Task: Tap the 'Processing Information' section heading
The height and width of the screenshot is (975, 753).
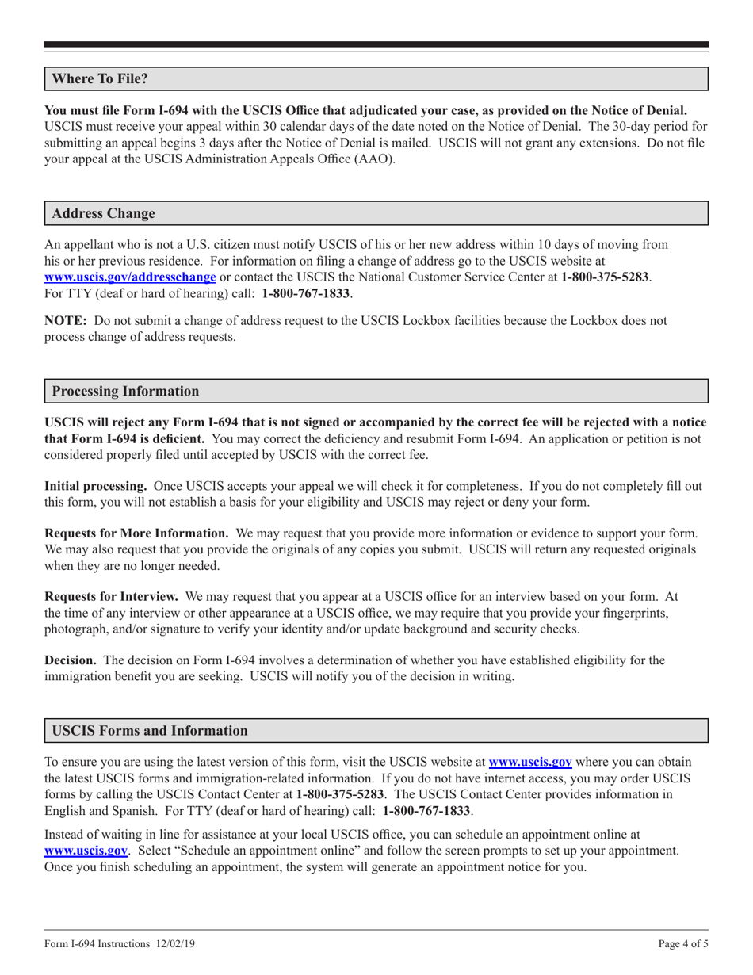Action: click(x=125, y=391)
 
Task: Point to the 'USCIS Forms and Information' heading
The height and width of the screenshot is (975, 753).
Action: click(x=150, y=730)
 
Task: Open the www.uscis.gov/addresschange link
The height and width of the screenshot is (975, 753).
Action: click(x=130, y=277)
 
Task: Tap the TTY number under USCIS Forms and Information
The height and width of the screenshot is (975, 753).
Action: click(x=426, y=811)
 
